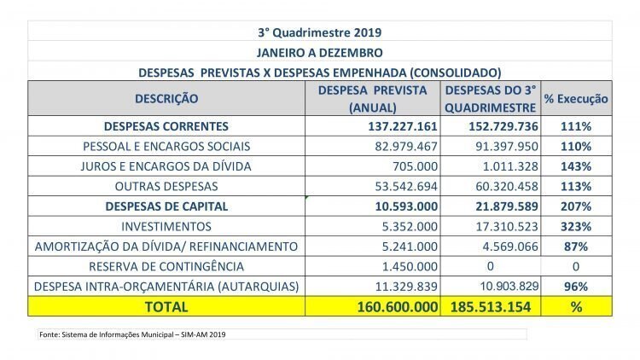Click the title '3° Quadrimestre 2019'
pos(320,32)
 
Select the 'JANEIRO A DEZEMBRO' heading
pos(320,53)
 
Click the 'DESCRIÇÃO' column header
pos(166,98)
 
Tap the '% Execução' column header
pos(576,99)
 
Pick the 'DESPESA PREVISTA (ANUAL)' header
pos(372,99)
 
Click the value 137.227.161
pos(403,126)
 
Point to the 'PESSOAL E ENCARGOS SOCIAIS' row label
pos(166,147)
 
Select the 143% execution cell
pos(576,166)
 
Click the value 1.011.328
pos(510,166)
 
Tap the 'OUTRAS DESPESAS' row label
pos(166,187)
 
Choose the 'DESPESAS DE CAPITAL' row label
pos(166,206)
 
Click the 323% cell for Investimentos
pos(576,227)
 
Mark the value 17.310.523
pos(507,227)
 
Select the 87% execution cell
pos(576,247)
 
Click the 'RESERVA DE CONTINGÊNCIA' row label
pos(166,266)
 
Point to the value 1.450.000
pos(410,266)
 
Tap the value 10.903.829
pos(509,286)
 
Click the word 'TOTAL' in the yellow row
pos(166,307)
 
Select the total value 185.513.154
pos(491,307)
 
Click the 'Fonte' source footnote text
pos(132,334)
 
